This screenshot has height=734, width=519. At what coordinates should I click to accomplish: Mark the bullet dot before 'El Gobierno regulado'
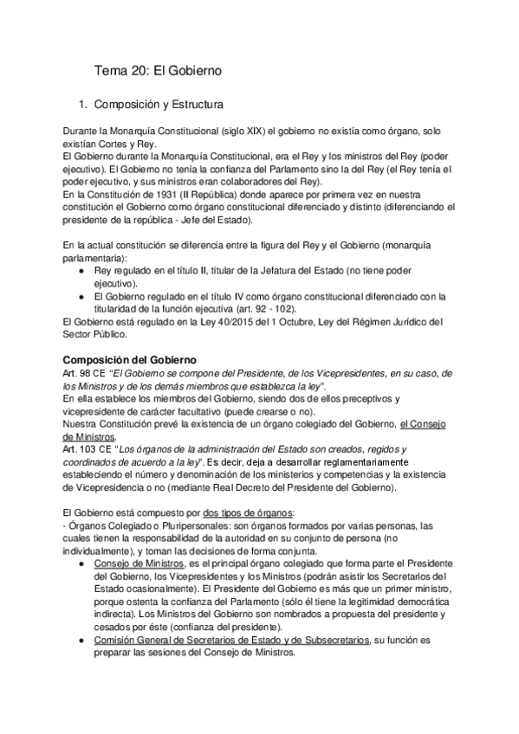81,297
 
